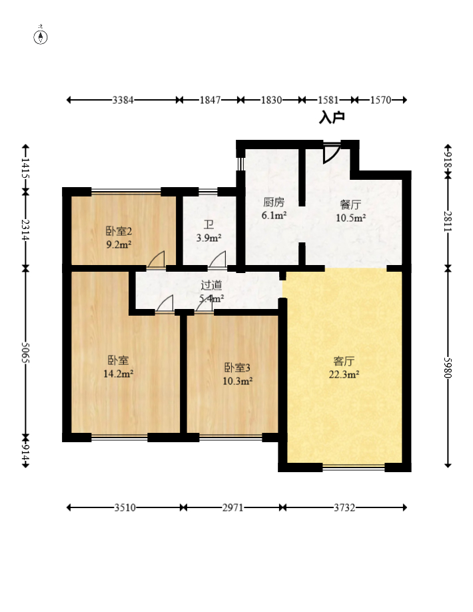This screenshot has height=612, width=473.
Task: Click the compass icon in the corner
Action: coord(41,37)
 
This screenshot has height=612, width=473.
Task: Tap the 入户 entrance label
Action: coord(332,117)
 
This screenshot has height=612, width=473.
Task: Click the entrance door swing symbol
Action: coord(331,153)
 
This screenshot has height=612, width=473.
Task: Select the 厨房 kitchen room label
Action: coord(274,202)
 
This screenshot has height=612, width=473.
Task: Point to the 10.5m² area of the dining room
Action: coord(350,218)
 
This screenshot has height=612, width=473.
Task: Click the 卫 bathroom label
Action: coord(209,225)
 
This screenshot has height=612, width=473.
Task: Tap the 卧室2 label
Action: coord(119,231)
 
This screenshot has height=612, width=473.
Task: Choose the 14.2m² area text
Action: coord(119,374)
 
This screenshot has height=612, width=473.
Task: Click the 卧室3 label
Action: coord(237,368)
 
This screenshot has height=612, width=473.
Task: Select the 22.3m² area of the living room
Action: coord(344,375)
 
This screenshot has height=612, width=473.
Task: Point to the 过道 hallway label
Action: coord(211,285)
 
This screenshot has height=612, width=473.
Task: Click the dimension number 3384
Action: coord(123,101)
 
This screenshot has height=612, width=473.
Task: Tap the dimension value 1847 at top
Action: coord(210,101)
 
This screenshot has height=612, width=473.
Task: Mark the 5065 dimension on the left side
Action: coord(26,353)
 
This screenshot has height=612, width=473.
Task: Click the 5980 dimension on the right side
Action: coord(448,368)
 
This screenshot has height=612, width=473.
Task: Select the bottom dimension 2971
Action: coord(233,508)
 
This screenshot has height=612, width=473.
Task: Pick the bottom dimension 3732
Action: coord(344,508)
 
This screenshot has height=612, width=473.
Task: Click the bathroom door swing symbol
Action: coord(218,260)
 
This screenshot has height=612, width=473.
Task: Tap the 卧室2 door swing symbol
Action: coord(156,260)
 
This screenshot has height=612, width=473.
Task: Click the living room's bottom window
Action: coord(354,467)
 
